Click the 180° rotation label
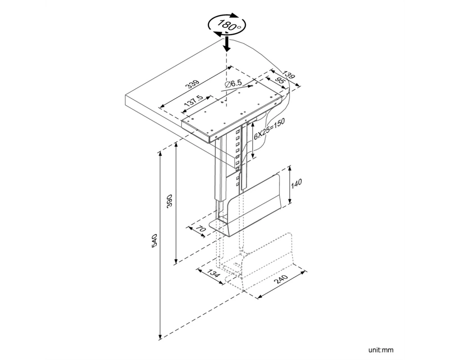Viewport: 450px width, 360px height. [x=227, y=25]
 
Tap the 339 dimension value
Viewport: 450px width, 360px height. [x=193, y=84]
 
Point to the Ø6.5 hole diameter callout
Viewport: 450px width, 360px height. [x=234, y=84]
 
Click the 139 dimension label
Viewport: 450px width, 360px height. [x=288, y=75]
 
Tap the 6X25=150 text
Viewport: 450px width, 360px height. [x=269, y=129]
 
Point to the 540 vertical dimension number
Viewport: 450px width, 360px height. [x=154, y=241]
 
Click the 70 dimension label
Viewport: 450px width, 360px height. [x=201, y=229]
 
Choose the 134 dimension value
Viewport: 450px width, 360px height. [x=213, y=273]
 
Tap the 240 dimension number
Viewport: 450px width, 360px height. [x=281, y=279]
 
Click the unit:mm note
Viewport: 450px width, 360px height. [x=381, y=350]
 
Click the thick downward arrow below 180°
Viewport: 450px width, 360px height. [x=227, y=43]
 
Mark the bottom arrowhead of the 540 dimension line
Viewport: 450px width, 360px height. [x=160, y=337]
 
